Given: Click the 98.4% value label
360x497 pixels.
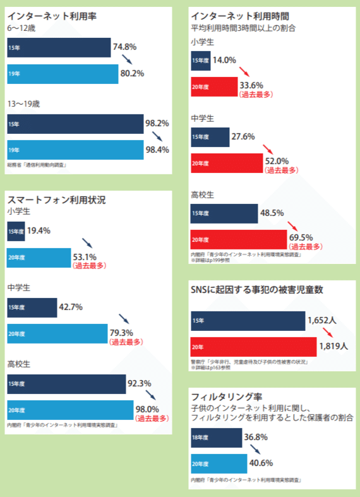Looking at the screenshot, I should [157, 150].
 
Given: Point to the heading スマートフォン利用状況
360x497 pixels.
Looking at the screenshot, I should [56, 200].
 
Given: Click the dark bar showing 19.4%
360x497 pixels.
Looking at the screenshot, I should [16, 231].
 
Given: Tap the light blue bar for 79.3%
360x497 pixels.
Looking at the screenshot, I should [57, 333].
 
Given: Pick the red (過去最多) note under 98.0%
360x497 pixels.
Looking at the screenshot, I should [152, 418].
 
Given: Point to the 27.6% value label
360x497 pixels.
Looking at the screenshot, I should [243, 136].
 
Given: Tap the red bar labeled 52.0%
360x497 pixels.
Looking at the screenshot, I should [226, 162].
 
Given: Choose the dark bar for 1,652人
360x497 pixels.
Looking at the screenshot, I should [248, 321].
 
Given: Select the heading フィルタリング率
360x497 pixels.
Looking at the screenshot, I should [225, 397].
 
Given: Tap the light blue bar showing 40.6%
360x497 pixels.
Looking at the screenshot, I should [219, 463].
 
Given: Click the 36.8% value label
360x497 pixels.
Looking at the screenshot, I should [256, 437].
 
